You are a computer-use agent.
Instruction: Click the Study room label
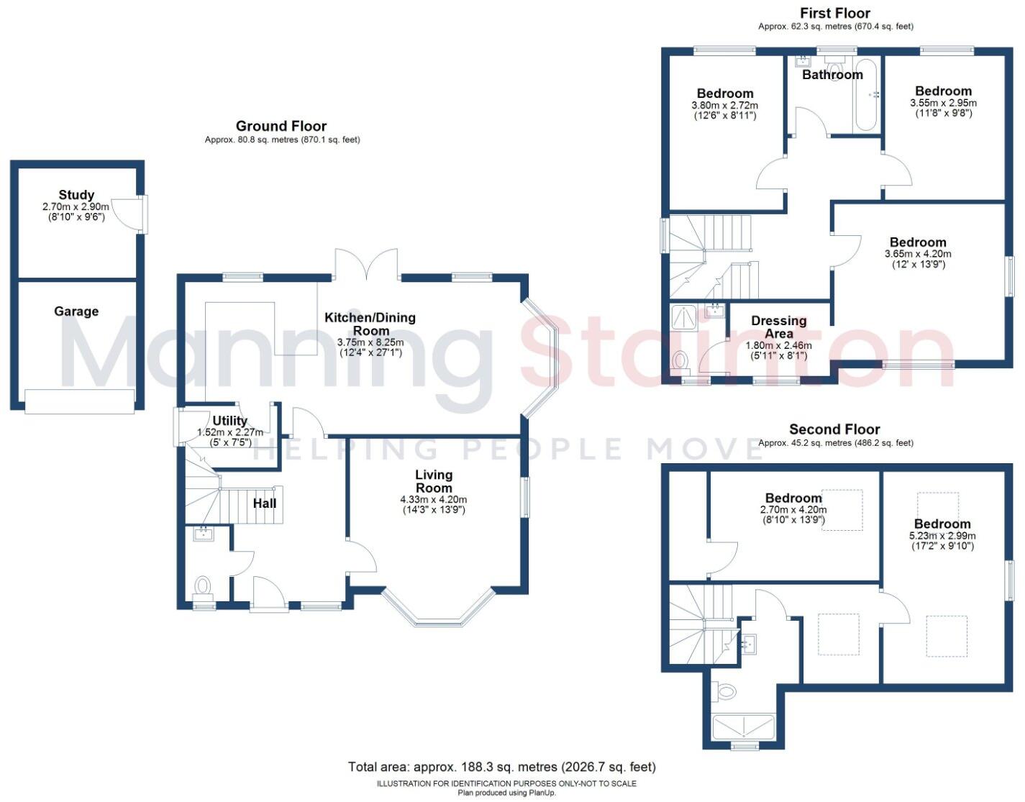click(76, 195)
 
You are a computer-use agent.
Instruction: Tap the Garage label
click(76, 311)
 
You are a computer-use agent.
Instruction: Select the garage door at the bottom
click(79, 401)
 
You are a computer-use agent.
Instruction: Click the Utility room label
click(230, 421)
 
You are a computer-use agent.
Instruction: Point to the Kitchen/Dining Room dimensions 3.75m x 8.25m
click(370, 342)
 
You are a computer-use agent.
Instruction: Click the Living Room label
click(434, 481)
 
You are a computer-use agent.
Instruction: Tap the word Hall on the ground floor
click(265, 503)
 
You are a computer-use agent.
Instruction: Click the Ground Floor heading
click(281, 127)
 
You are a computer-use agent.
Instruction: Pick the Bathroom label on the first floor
click(832, 75)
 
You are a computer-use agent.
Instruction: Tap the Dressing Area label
click(779, 327)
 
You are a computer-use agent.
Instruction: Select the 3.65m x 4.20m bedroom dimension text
click(918, 254)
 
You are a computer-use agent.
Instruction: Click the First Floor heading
click(835, 13)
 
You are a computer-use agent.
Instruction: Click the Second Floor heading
click(834, 429)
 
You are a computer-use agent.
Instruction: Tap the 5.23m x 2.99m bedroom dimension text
click(942, 536)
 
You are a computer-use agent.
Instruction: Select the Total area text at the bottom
click(501, 767)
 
